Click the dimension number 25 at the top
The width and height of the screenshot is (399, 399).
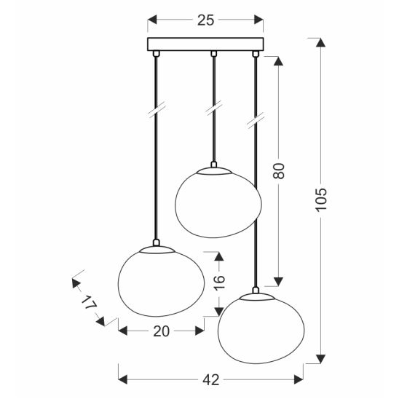click(205, 20)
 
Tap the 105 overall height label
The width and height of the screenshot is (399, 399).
click(320, 199)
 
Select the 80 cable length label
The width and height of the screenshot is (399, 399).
click(279, 171)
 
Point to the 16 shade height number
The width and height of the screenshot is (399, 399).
click(219, 283)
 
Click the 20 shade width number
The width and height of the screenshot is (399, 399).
click(162, 331)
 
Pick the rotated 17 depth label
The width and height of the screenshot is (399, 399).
click(89, 302)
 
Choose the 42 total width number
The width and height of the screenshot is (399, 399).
click(211, 380)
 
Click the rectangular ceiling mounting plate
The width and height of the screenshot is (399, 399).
click(205, 44)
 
